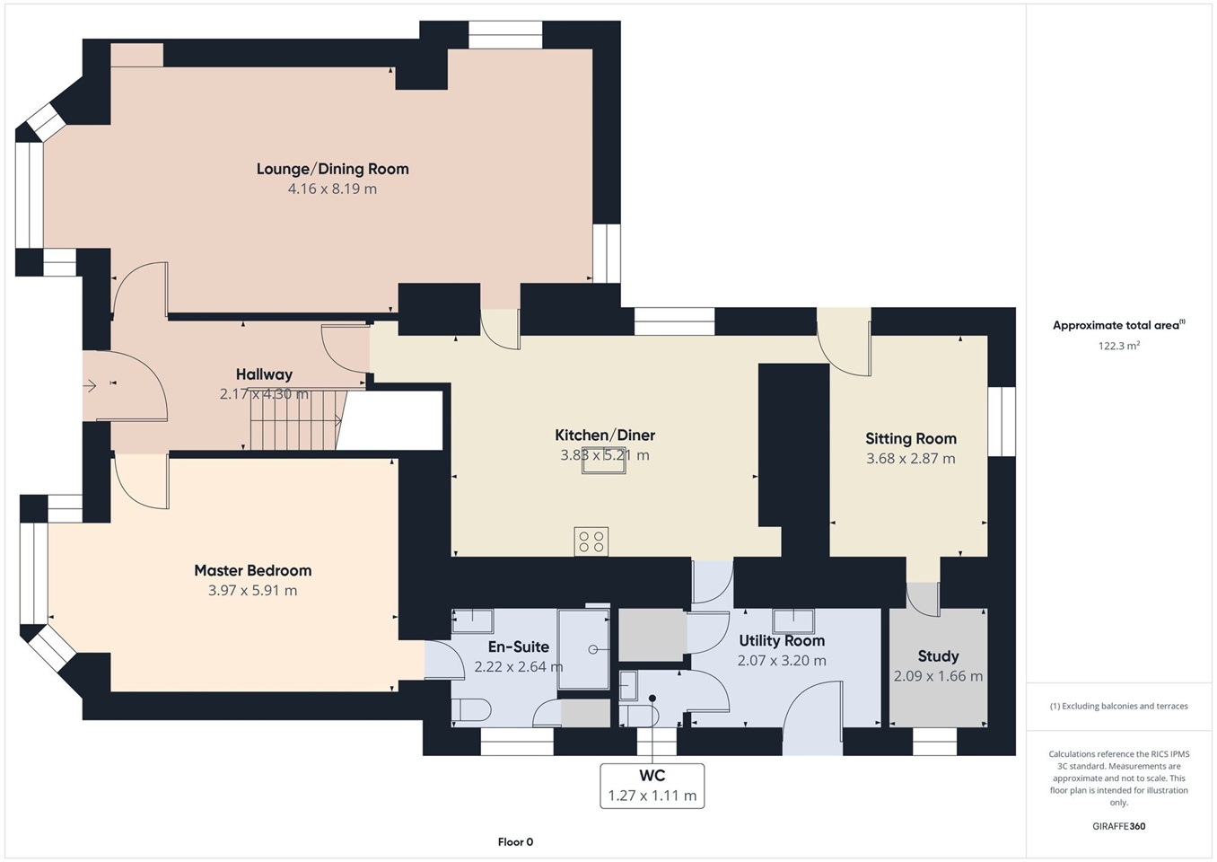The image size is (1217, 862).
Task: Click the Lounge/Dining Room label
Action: coord(332,169)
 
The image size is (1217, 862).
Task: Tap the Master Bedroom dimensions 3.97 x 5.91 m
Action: coord(252,590)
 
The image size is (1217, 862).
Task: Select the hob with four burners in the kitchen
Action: coord(591,541)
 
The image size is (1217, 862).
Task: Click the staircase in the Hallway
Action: coord(295,419)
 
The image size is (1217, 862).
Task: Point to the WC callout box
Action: coord(652,786)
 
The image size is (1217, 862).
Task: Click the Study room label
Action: coord(938,656)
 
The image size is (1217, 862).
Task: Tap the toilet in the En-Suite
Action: coord(471,710)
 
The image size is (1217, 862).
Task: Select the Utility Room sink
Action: coord(793,621)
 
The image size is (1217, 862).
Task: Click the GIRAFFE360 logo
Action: coord(1118,826)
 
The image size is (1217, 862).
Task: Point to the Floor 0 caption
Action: coord(515,842)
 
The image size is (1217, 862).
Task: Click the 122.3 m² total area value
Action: coord(1118,346)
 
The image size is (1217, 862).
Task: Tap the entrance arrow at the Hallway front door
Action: coord(90,386)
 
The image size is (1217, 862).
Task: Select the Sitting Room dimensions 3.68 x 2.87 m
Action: coord(911,458)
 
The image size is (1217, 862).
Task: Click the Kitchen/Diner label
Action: coord(605,435)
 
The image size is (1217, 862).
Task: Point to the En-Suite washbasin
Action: coord(473,621)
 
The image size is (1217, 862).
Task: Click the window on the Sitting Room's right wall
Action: coord(1002,421)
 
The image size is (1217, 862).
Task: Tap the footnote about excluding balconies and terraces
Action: coord(1118,706)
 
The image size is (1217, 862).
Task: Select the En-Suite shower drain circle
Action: coord(592,649)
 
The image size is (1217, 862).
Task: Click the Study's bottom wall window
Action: coord(934,742)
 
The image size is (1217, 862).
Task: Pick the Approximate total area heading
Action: coord(1118,325)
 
